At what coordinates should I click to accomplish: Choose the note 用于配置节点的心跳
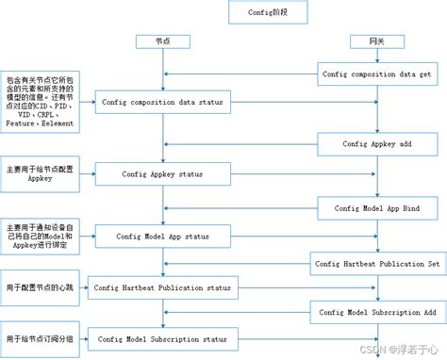[39, 286]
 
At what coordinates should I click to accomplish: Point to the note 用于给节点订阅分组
[39, 338]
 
